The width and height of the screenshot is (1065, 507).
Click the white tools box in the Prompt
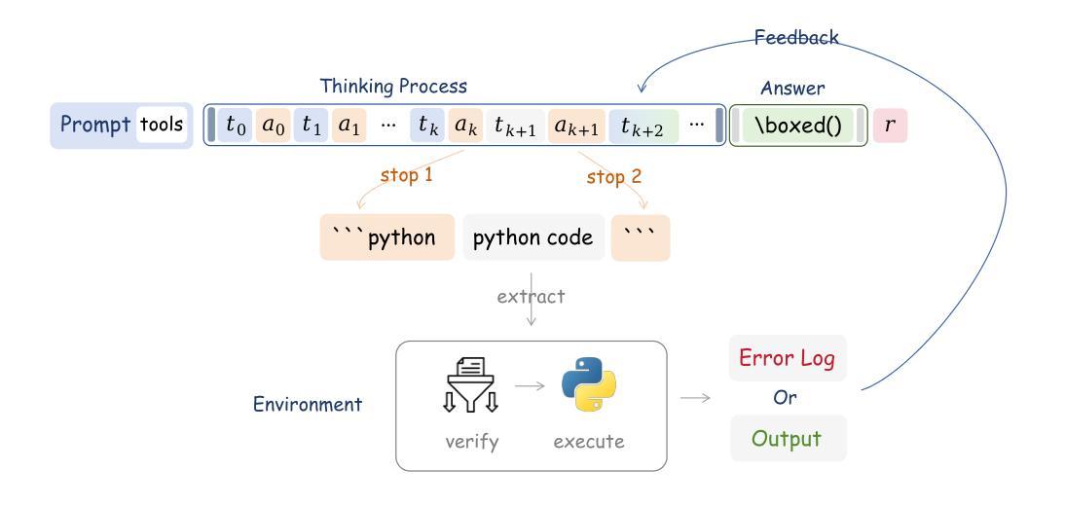[161, 125]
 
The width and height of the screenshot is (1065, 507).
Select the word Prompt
[95, 125]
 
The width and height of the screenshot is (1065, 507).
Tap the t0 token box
[235, 126]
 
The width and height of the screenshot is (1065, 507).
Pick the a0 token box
[273, 126]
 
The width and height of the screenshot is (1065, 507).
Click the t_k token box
[427, 126]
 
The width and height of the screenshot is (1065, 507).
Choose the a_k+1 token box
[576, 126]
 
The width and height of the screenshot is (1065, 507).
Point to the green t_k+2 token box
[643, 126]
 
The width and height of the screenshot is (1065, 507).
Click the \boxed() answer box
[797, 126]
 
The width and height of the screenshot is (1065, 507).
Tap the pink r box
[890, 126]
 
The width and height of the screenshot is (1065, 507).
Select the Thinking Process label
[393, 87]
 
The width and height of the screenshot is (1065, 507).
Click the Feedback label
[796, 37]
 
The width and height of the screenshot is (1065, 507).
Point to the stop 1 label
[406, 175]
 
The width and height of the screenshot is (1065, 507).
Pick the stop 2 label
[614, 177]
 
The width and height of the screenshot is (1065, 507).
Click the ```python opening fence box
[387, 237]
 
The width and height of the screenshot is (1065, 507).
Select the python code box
[533, 237]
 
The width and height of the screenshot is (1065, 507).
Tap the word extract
[531, 297]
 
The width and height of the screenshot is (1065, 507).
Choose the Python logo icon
[589, 384]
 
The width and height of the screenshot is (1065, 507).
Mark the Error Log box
[788, 358]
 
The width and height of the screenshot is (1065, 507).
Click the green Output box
[788, 438]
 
